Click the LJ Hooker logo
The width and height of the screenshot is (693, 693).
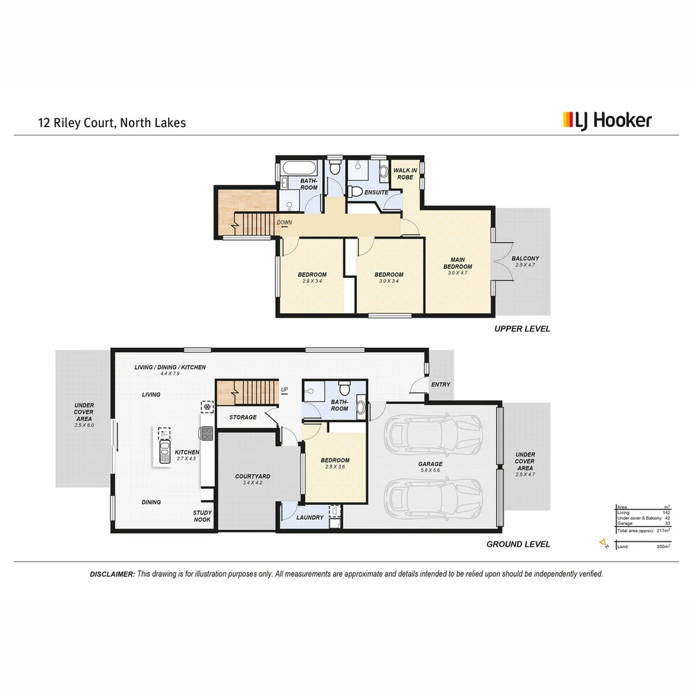[x=607, y=120]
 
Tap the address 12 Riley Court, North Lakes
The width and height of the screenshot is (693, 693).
[x=111, y=122]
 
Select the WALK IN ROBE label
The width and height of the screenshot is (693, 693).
[x=405, y=173]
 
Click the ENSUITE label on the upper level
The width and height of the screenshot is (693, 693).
[x=376, y=192]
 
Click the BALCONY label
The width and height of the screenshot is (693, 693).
[x=525, y=262]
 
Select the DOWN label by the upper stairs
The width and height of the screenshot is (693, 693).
[x=284, y=223]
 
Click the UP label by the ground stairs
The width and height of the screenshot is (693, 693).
[x=285, y=389]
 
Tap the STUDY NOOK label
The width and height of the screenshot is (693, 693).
[x=203, y=516]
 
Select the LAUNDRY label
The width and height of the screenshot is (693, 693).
[x=310, y=517]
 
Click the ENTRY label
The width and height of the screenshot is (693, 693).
[x=441, y=384]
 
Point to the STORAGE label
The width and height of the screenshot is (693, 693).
[x=243, y=417]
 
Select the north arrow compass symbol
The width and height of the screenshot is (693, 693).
[x=603, y=544]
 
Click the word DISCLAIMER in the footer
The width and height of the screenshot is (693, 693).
[x=112, y=574]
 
